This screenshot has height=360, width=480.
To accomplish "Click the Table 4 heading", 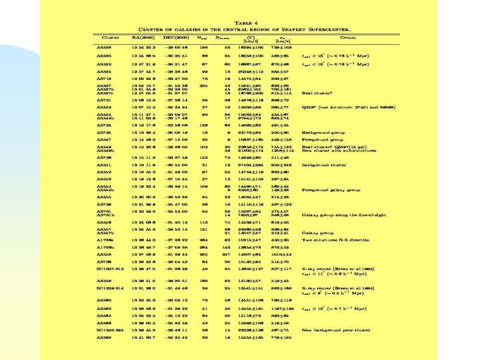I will tap(239, 22).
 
